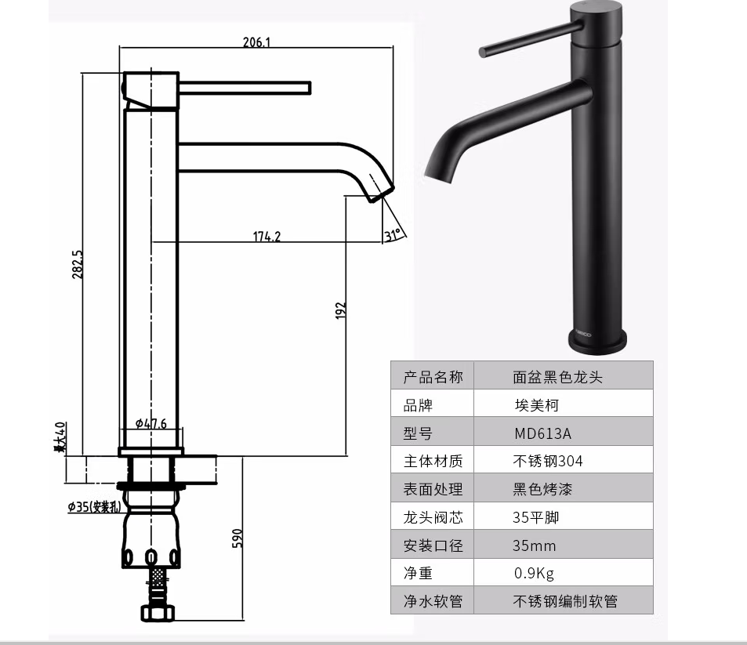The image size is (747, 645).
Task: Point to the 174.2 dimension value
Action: click(x=267, y=237)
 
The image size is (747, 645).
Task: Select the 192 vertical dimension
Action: click(x=341, y=310)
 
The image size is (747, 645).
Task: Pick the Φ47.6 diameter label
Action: click(x=150, y=423)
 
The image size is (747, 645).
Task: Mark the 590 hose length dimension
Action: click(x=238, y=538)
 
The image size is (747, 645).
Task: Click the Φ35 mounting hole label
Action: click(x=93, y=506)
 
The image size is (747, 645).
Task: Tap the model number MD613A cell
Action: click(x=542, y=433)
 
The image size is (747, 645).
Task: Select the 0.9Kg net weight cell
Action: click(x=534, y=574)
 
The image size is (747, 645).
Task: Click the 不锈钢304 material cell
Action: click(x=548, y=461)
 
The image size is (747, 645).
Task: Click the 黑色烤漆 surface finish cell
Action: click(x=542, y=489)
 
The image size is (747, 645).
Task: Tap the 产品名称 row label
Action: click(x=433, y=377)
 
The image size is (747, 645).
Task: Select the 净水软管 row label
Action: click(x=433, y=601)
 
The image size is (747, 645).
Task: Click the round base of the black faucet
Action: click(x=597, y=339)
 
